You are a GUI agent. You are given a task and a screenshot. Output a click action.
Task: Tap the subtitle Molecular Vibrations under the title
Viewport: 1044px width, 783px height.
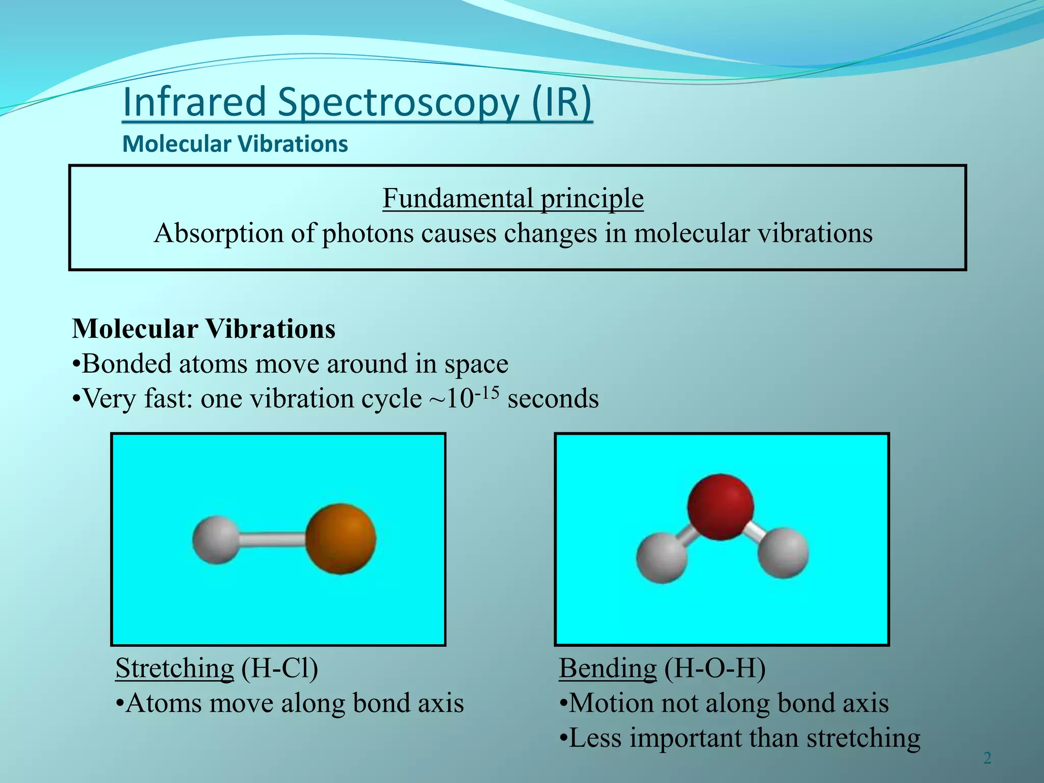point(235,144)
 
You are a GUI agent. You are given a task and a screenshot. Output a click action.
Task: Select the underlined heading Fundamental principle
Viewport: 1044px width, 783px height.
point(513,198)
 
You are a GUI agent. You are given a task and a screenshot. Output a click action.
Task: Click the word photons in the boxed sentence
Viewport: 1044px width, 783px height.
point(368,233)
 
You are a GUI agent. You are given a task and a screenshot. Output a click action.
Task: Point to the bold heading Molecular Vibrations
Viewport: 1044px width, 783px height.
point(204,329)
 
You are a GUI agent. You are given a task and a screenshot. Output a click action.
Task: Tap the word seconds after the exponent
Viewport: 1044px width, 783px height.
point(553,399)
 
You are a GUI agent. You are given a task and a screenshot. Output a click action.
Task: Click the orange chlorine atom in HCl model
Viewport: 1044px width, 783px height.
point(341,539)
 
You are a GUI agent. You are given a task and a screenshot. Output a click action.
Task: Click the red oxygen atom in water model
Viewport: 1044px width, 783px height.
point(720,507)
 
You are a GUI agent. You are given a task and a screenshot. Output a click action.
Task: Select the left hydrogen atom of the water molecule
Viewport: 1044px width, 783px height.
point(662,558)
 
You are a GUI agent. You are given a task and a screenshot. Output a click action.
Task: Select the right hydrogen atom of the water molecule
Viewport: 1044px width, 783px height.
point(783,553)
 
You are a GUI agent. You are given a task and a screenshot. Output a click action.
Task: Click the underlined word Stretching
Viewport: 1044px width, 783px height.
point(174,668)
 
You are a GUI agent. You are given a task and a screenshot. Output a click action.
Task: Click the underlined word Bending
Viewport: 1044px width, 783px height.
point(608,668)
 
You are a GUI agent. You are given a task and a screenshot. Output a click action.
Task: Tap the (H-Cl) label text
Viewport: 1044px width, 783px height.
point(279,668)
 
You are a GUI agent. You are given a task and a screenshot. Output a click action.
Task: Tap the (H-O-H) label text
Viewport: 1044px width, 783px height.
point(715,668)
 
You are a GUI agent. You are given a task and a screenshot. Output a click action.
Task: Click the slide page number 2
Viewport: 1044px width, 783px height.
point(987,759)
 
